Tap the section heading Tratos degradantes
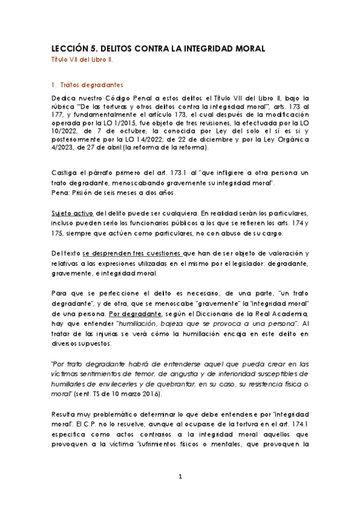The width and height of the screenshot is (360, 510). [89, 84]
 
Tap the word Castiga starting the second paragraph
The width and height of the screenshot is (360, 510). [64, 173]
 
